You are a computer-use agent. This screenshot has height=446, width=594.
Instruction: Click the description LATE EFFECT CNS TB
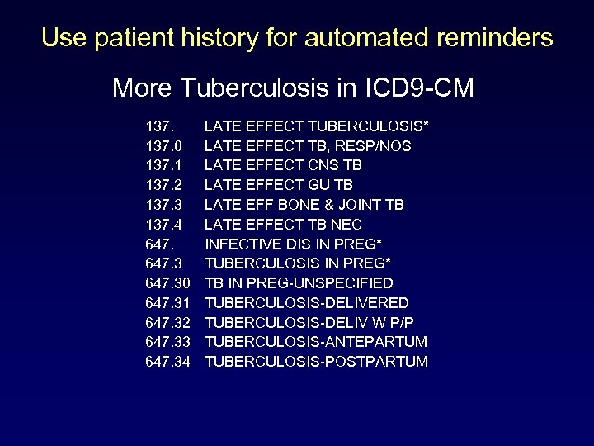(283, 165)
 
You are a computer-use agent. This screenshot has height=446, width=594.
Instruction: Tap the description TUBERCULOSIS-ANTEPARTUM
(316, 342)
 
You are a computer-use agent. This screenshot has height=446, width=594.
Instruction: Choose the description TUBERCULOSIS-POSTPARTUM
(317, 362)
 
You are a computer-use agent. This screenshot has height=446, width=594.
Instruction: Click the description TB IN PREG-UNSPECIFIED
(299, 283)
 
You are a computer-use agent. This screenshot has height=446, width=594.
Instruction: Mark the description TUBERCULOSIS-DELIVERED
(306, 303)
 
